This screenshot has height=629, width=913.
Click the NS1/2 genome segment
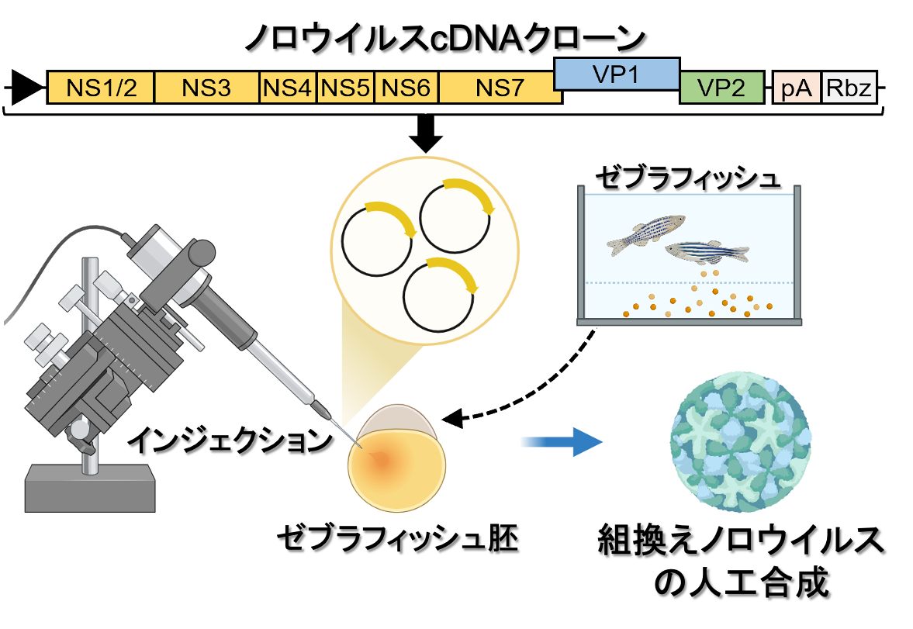click(101, 88)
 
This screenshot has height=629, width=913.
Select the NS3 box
click(206, 88)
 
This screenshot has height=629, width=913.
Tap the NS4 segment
click(287, 88)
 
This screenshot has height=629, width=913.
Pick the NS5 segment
click(345, 88)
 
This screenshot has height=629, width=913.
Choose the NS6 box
click(406, 88)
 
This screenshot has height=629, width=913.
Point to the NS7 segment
click(500, 88)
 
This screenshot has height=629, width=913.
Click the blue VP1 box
click(617, 74)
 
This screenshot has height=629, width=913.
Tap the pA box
click(797, 88)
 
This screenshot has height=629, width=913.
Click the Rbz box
click(849, 88)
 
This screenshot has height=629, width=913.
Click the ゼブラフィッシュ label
click(686, 178)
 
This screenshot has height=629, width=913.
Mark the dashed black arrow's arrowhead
click(454, 420)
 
